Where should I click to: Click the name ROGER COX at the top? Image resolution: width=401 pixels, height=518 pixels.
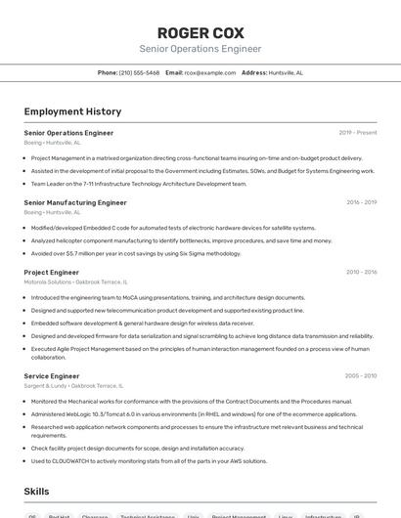[200, 32]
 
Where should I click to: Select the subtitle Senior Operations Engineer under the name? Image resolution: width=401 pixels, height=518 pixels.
[200, 48]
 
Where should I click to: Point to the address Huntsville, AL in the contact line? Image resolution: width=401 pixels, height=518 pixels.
[286, 72]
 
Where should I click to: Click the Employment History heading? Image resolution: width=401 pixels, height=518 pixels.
[72, 111]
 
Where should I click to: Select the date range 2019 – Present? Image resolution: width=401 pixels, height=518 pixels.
[358, 132]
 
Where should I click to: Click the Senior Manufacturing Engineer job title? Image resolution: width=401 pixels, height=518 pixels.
[75, 202]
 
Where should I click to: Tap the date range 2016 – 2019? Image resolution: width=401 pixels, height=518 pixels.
[361, 202]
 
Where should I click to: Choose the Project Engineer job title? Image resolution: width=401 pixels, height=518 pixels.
[51, 273]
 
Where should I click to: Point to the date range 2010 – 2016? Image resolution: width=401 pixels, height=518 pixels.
[361, 273]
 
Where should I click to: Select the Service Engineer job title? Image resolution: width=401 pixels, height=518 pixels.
[51, 375]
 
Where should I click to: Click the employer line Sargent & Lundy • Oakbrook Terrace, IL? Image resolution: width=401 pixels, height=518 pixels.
[73, 385]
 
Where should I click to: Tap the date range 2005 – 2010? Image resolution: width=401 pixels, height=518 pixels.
[361, 375]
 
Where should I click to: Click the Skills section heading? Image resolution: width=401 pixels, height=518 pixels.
[37, 491]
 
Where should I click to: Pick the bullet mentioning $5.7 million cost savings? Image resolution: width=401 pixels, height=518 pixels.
[135, 253]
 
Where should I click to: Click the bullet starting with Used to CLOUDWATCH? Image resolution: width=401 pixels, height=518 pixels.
[149, 460]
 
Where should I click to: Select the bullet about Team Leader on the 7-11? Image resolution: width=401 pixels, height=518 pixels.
[138, 183]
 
